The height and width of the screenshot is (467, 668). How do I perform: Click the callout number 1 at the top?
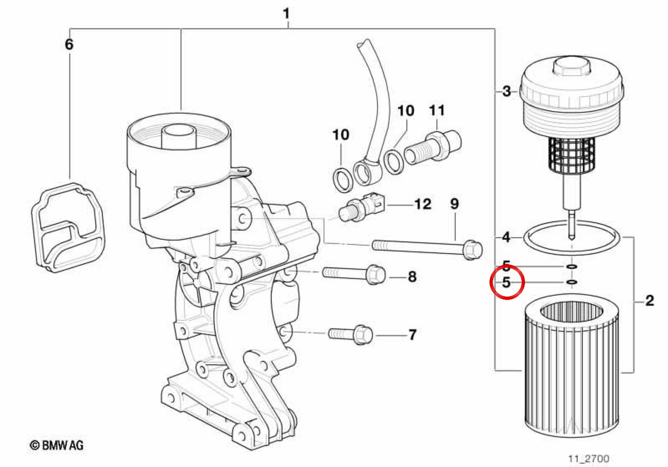286,14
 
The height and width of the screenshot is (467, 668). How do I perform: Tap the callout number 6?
69,44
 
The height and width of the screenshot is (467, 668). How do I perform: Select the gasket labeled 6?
68,227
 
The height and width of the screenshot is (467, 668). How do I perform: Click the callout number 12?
423,205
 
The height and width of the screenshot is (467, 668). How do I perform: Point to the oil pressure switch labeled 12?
361,207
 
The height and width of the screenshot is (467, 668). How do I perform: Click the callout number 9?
454,204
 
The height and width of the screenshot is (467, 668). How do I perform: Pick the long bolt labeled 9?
427,250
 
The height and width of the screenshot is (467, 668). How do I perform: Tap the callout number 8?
412,277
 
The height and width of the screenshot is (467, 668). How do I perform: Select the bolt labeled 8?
353,274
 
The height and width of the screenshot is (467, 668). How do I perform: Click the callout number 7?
412,335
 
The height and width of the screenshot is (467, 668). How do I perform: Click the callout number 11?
437,111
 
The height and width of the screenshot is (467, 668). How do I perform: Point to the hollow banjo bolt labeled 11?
433,147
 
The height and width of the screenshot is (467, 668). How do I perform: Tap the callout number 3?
507,91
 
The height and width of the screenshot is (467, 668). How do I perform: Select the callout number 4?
506,237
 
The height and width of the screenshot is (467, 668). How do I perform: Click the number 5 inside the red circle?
507,282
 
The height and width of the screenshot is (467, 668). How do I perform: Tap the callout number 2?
650,301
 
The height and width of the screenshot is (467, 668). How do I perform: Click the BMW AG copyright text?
56,445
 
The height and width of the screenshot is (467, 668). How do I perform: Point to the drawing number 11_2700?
589,459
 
